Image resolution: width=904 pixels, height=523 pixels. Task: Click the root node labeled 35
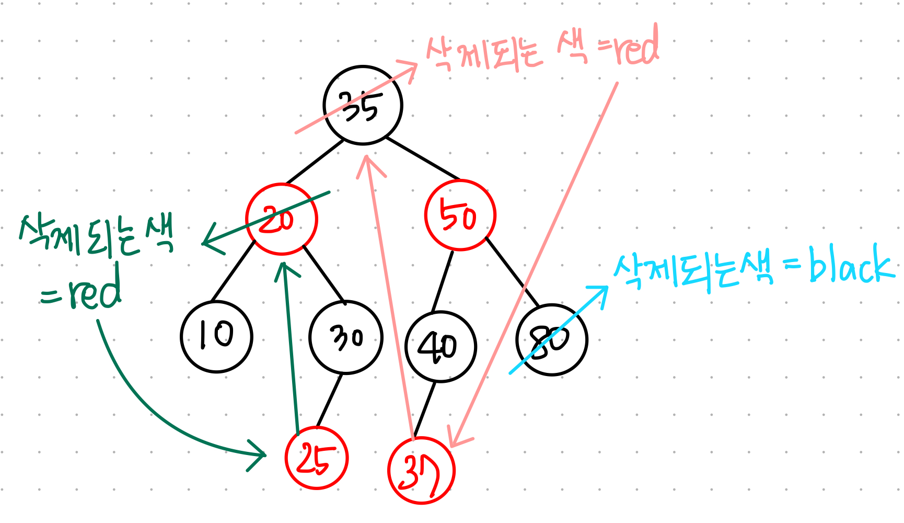[363, 106]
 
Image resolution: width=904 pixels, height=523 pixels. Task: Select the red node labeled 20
[282, 219]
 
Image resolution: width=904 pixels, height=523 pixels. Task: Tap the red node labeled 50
[460, 215]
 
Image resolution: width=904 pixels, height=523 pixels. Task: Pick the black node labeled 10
[216, 336]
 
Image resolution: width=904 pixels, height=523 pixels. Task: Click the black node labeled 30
[345, 337]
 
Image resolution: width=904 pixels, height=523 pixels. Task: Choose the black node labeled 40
[441, 346]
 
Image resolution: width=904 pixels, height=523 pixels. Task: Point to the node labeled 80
[552, 340]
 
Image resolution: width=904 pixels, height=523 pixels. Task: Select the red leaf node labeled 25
[317, 458]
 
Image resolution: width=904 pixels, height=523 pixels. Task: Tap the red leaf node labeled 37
[421, 471]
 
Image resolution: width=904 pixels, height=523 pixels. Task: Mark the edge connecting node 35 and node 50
[422, 158]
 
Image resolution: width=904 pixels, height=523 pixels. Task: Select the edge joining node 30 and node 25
[329, 400]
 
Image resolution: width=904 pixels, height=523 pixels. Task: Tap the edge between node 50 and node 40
[443, 281]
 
